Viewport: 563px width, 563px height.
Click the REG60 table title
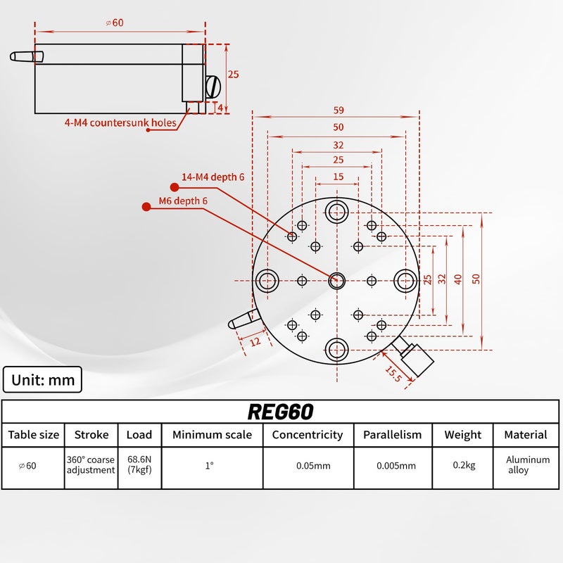[280, 411]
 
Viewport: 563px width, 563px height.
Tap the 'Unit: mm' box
[43, 380]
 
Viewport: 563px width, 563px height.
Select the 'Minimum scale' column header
[212, 435]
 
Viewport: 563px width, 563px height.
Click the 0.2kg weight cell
[462, 465]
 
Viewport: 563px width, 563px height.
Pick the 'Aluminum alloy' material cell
[528, 465]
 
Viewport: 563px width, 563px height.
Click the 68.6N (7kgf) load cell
[139, 465]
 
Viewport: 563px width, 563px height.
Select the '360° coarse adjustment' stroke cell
[91, 465]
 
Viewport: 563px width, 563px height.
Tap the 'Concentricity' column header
[308, 435]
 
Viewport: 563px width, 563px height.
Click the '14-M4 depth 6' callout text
[213, 177]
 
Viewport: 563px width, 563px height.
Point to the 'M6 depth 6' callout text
[183, 201]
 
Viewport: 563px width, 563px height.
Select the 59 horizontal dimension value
[339, 110]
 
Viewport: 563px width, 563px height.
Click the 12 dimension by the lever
[254, 341]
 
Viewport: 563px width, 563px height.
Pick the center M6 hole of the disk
[336, 281]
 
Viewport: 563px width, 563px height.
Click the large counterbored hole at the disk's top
[336, 210]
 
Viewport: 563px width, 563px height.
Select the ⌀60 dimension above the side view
[115, 23]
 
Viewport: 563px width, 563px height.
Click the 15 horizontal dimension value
[339, 177]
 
